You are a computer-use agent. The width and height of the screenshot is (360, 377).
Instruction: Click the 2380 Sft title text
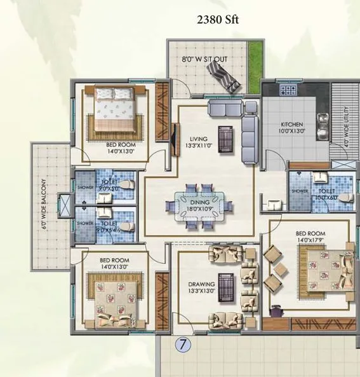(218, 20)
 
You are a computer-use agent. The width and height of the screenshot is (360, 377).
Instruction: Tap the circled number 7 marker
(183, 346)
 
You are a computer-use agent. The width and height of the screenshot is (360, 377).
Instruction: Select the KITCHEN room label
(292, 125)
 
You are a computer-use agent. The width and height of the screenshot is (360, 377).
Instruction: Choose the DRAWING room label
(201, 284)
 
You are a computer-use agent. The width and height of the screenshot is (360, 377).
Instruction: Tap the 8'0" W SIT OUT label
(204, 60)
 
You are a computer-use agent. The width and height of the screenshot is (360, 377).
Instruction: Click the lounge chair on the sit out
(225, 76)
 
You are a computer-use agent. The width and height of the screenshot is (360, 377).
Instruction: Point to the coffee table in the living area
(225, 135)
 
